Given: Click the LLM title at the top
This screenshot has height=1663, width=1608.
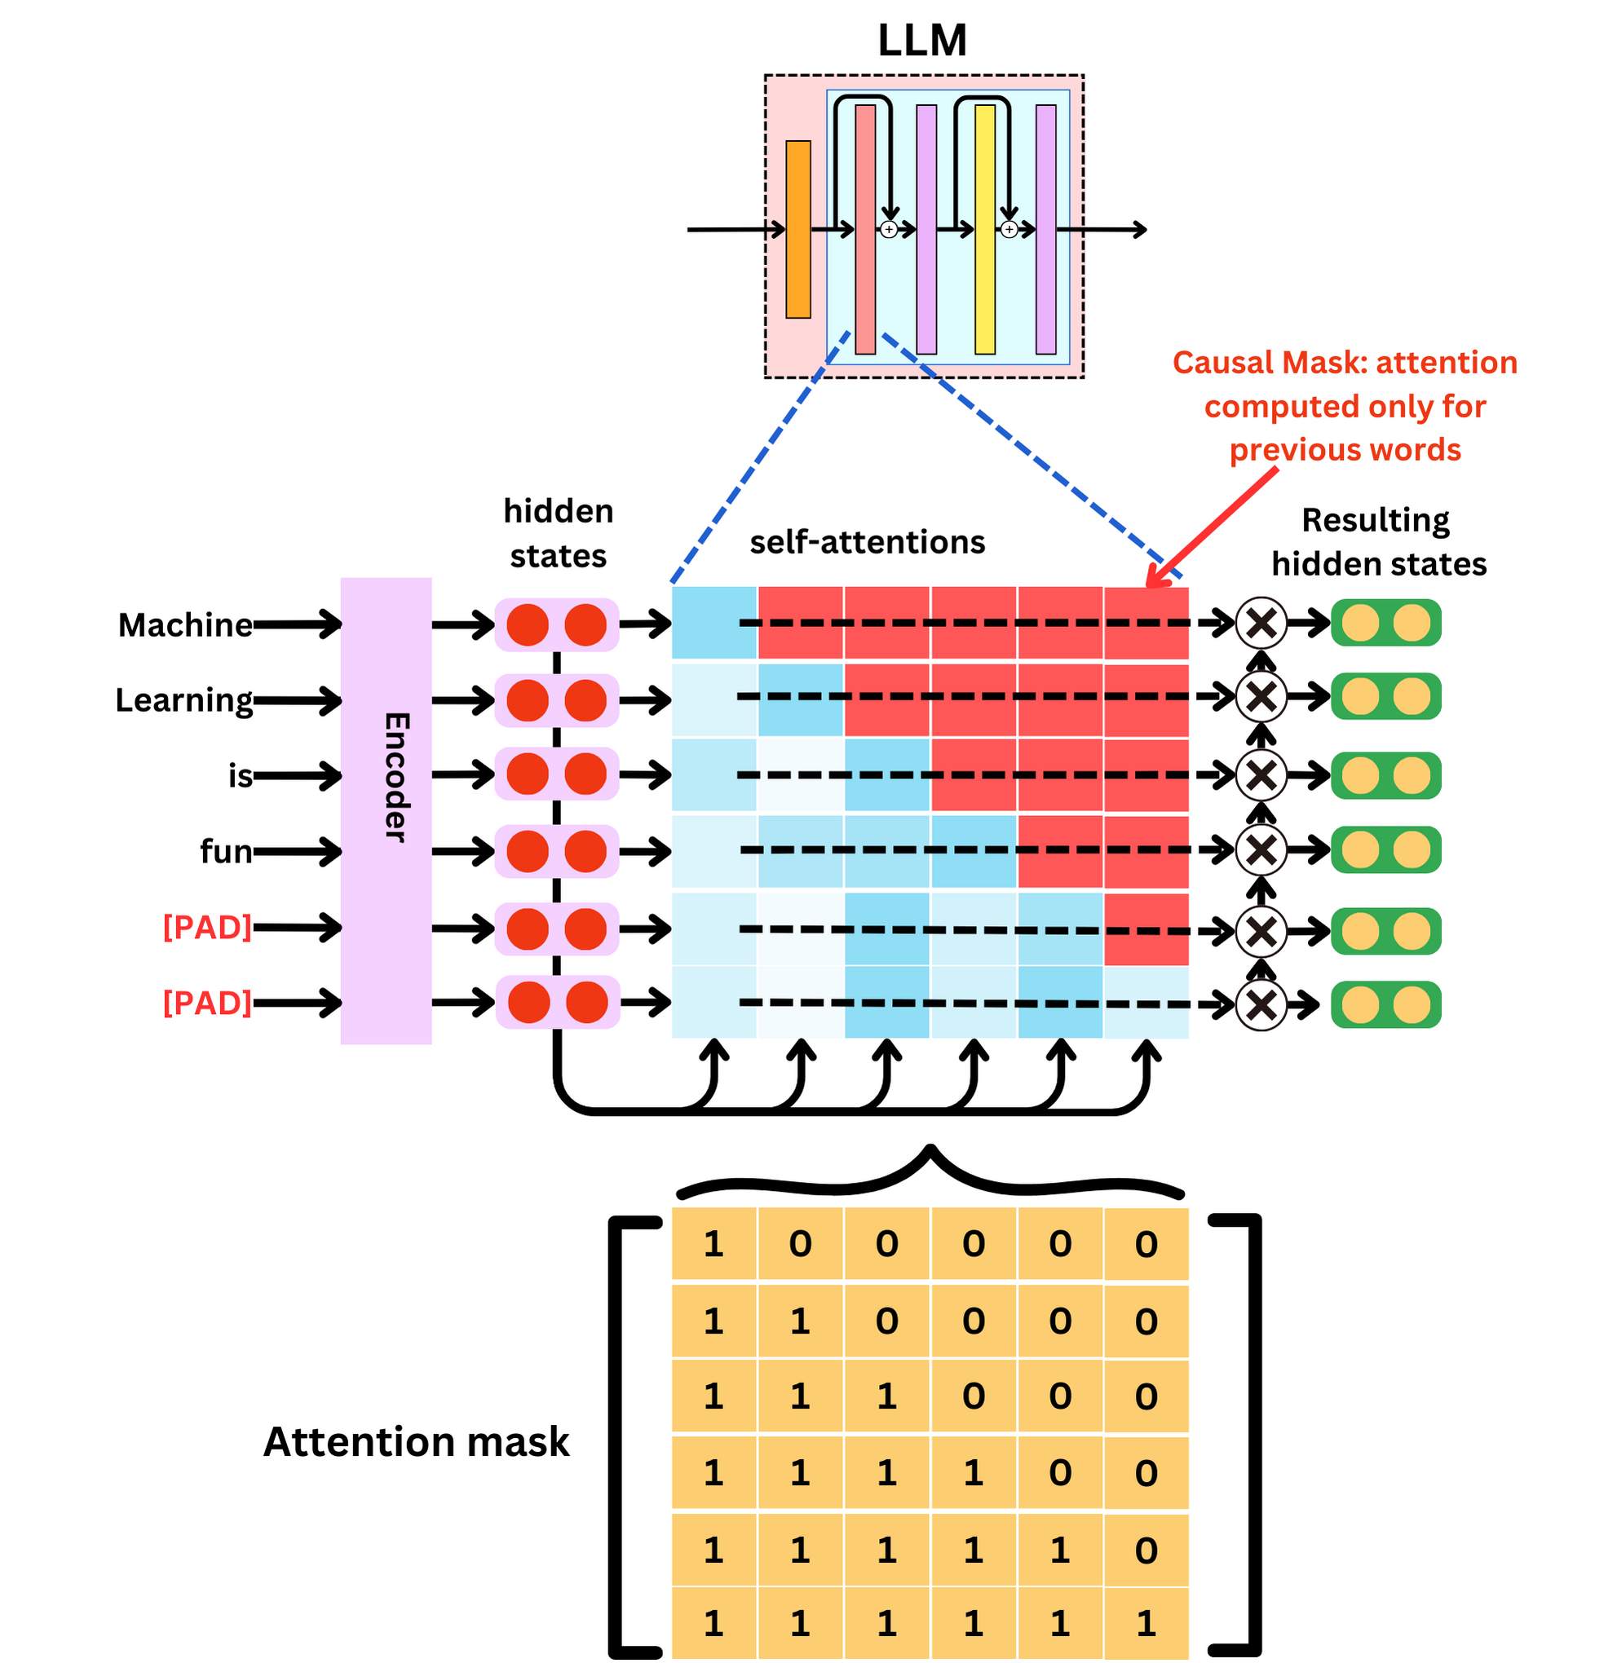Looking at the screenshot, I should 921,40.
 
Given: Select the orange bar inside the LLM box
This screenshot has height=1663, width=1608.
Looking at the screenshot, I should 797,229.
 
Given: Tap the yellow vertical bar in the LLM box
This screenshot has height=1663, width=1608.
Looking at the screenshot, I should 984,229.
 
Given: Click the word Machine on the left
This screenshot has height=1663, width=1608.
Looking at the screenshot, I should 185,625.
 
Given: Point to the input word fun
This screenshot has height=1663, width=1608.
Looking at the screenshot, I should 226,851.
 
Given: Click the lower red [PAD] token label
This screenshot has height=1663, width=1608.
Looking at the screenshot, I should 207,1003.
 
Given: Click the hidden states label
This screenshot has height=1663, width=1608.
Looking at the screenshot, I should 558,534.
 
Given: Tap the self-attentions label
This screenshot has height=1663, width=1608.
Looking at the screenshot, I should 866,542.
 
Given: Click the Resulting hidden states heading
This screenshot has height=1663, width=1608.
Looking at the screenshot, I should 1378,542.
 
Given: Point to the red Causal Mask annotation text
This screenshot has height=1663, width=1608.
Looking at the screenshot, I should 1344,407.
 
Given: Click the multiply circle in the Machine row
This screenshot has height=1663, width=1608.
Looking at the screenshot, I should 1261,624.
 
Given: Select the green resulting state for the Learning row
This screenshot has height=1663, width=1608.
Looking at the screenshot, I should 1385,697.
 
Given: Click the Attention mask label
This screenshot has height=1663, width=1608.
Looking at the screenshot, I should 416,1441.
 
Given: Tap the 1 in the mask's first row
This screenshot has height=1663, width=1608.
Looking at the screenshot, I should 713,1245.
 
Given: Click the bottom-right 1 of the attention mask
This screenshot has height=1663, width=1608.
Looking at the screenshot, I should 1146,1623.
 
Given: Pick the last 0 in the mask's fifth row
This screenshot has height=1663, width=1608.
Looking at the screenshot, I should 1146,1551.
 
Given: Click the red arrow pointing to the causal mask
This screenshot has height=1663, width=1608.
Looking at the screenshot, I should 1213,526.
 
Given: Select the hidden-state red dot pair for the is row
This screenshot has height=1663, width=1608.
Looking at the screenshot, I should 557,774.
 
